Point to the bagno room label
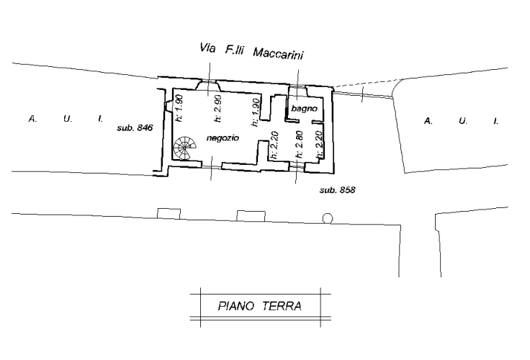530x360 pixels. [x=301, y=109]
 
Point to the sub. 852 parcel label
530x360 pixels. [x=338, y=190]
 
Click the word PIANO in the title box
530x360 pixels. [x=235, y=306]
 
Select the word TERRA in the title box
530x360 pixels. [x=282, y=306]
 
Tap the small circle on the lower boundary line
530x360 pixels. [x=328, y=217]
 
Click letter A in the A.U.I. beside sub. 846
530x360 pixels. [x=32, y=117]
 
